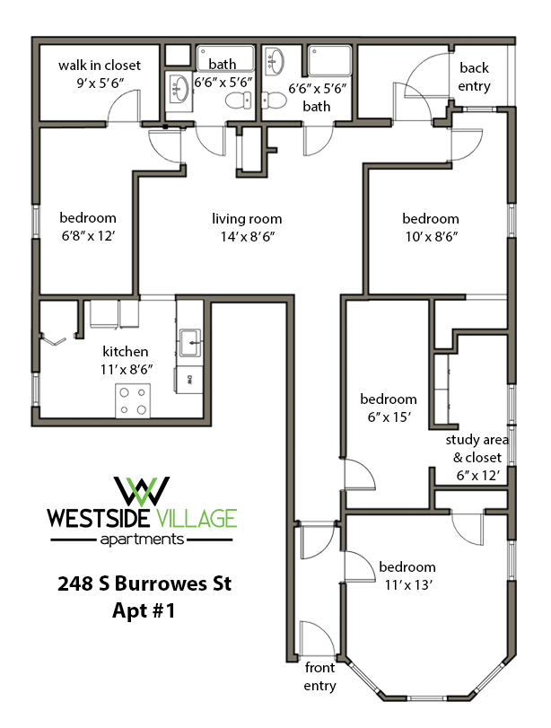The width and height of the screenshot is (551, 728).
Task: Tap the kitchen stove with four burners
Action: click(133, 400)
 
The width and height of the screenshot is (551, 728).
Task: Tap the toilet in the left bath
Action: click(237, 101)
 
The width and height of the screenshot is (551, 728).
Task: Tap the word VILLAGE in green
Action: click(194, 518)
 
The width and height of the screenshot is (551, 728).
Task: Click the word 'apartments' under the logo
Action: click(141, 539)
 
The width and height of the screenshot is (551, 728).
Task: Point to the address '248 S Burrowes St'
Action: click(141, 584)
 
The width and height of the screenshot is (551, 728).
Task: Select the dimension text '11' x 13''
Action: click(407, 583)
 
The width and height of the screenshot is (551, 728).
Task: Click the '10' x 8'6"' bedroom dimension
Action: click(431, 236)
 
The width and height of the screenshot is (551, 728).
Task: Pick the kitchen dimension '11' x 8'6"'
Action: click(126, 368)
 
